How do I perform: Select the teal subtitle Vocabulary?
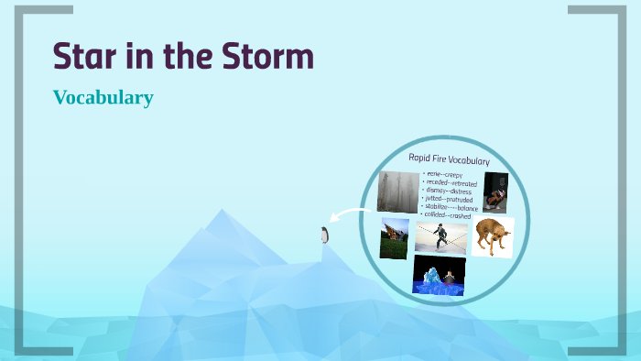103,97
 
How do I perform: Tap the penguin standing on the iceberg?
323,235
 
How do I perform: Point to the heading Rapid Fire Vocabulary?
449,160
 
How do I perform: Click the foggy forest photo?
398,191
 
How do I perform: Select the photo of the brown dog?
493,236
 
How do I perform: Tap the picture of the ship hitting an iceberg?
439,275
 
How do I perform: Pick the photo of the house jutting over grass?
395,237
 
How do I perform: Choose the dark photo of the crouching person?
495,192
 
